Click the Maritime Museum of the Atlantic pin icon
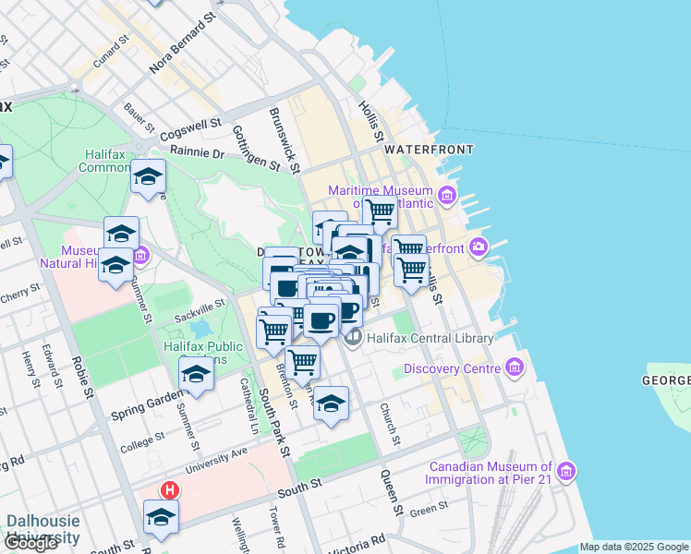pos(448,195)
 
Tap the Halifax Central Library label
pos(430,339)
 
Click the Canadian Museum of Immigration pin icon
pos(566,472)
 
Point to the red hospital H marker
pos(169,489)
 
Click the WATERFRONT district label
pos(429,149)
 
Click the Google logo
pos(30,543)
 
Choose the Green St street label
pos(429,507)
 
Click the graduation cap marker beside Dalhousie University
pos(161,518)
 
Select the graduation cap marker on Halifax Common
pos(148,177)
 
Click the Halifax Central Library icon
pos(353,339)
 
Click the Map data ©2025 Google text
pos(634,547)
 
